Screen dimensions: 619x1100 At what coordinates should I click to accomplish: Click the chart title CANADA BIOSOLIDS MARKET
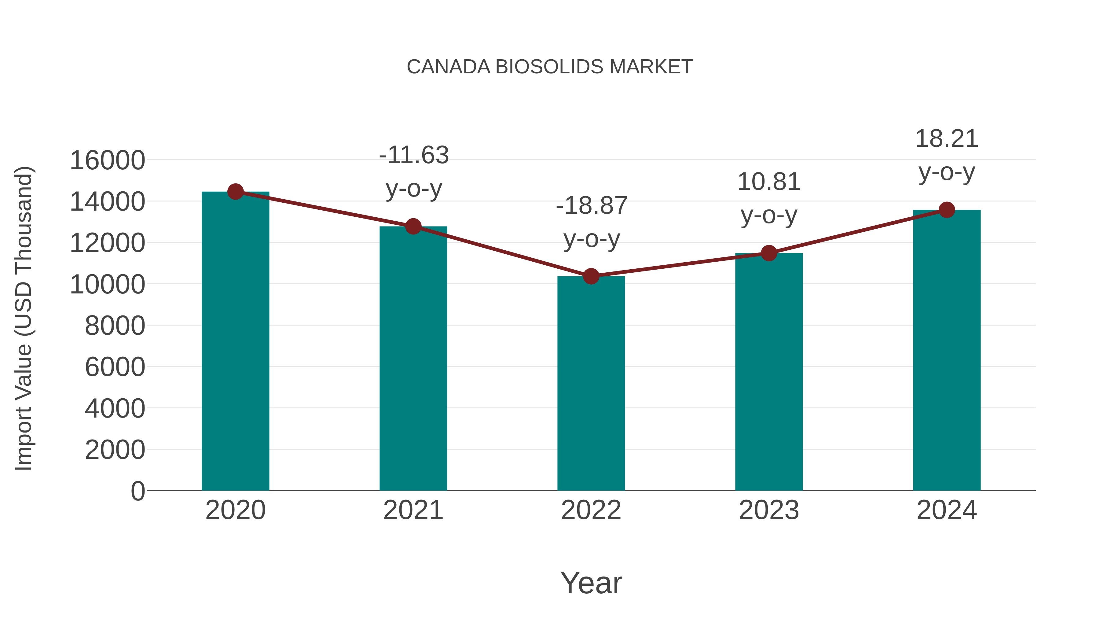[x=550, y=67]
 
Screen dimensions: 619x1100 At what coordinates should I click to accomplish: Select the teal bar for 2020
[x=235, y=342]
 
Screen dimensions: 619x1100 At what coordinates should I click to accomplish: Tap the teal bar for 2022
[x=591, y=385]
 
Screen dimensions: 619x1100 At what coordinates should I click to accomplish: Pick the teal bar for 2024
[x=947, y=350]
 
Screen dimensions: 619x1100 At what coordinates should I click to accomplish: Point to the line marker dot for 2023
[x=769, y=253]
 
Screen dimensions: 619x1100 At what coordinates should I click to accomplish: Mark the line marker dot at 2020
[x=235, y=192]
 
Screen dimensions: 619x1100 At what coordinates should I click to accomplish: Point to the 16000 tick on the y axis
[x=107, y=160]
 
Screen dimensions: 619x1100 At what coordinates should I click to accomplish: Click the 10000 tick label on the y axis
[x=107, y=285]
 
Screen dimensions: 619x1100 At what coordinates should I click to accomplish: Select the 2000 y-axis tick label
[x=115, y=450]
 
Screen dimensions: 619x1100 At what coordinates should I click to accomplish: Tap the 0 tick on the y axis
[x=137, y=491]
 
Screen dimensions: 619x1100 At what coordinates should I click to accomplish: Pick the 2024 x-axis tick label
[x=947, y=510]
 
